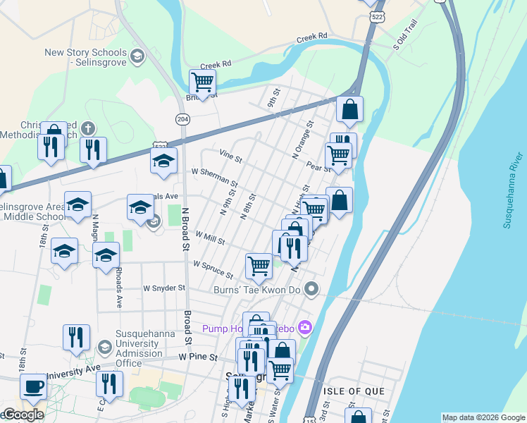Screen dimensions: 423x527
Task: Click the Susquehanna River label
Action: pyautogui.click(x=512, y=190)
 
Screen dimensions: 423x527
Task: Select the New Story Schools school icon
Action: pyautogui.click(x=137, y=56)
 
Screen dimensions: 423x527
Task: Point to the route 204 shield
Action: pyautogui.click(x=182, y=119)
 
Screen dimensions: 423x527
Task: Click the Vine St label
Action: pyautogui.click(x=230, y=153)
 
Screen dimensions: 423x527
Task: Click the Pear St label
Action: pyautogui.click(x=318, y=167)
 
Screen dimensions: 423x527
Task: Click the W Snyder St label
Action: pyautogui.click(x=163, y=288)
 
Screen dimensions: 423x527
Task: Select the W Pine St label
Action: pyautogui.click(x=197, y=357)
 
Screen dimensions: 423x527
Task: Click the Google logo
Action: pyautogui.click(x=23, y=415)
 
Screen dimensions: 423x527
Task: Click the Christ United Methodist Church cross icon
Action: pyautogui.click(x=87, y=128)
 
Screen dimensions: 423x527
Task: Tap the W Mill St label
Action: pyautogui.click(x=210, y=238)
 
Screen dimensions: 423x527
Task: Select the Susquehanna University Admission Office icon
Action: pyautogui.click(x=104, y=347)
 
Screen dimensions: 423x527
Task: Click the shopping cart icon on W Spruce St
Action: pyautogui.click(x=259, y=266)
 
